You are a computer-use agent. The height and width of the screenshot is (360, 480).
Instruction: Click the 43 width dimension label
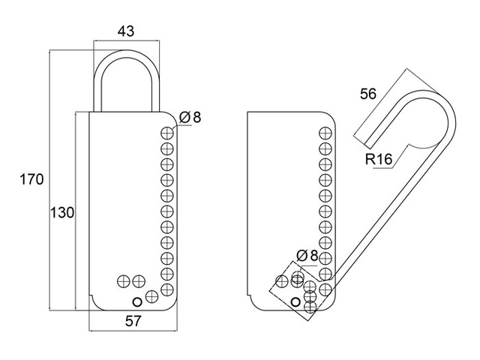point(126,31)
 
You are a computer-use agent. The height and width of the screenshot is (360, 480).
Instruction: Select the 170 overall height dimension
point(31,179)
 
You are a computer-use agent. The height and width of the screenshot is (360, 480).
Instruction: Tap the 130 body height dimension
point(62,213)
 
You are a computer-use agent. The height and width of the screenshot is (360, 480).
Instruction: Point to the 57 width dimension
point(133,321)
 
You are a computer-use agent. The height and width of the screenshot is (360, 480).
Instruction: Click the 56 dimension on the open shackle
point(368,94)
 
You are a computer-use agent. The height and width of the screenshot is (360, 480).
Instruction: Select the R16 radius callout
point(379,159)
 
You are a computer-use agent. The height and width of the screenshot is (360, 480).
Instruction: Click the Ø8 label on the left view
point(190,117)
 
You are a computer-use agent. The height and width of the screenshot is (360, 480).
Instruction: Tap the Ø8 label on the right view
point(307,256)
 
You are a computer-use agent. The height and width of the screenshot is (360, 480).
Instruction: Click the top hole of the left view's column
point(167,133)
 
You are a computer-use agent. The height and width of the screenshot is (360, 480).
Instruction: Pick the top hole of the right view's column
point(325,133)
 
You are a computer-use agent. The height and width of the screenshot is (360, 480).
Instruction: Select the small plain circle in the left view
point(137,301)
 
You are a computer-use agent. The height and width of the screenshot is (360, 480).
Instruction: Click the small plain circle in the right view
point(295,302)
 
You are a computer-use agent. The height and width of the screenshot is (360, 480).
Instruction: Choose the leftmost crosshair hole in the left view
point(124,281)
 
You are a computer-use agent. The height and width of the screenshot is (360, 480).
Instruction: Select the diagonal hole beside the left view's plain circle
point(151,296)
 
